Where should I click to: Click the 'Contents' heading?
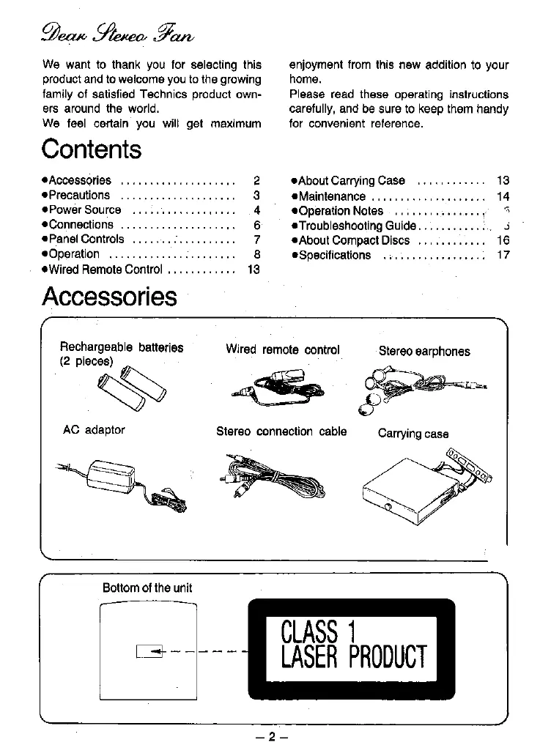pyautogui.click(x=92, y=149)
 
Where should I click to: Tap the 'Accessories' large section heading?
pyautogui.click(x=109, y=296)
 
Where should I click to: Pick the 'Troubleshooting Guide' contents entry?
pyautogui.click(x=357, y=226)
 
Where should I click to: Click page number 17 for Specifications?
pyautogui.click(x=503, y=255)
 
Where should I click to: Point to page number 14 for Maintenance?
pyautogui.click(x=503, y=196)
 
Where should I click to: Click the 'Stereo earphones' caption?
pyautogui.click(x=424, y=351)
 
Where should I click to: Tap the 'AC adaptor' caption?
pyautogui.click(x=94, y=430)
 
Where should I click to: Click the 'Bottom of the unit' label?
pyautogui.click(x=147, y=588)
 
